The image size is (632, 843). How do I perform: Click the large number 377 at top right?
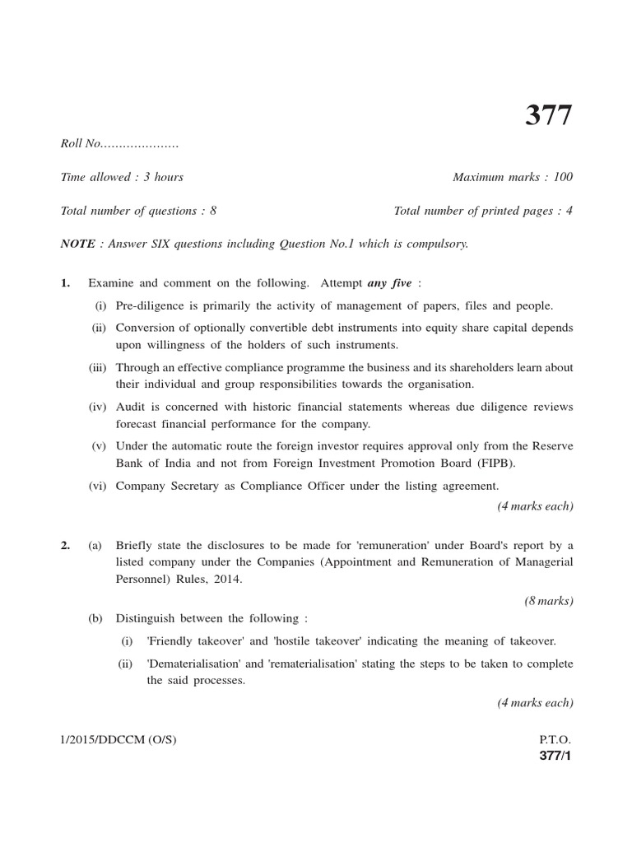click(x=548, y=116)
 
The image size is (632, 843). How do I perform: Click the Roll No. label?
click(x=81, y=144)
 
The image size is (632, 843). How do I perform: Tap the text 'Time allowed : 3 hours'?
click(x=122, y=177)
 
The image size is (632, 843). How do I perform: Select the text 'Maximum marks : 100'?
click(x=513, y=177)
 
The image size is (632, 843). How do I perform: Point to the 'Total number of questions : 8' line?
click(x=138, y=211)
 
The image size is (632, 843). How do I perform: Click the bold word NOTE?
click(x=77, y=245)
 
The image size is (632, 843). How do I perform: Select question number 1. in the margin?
click(x=66, y=284)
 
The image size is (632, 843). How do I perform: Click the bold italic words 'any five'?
click(x=389, y=284)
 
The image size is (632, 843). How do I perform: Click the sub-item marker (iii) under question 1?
click(x=99, y=367)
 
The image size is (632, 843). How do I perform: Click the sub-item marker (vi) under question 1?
click(x=99, y=486)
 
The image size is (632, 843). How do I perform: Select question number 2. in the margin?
click(x=66, y=545)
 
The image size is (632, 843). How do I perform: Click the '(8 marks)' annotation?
click(x=549, y=601)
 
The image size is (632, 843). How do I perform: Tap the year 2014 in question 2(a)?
click(x=226, y=579)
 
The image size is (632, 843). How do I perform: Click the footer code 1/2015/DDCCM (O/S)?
click(x=118, y=740)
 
